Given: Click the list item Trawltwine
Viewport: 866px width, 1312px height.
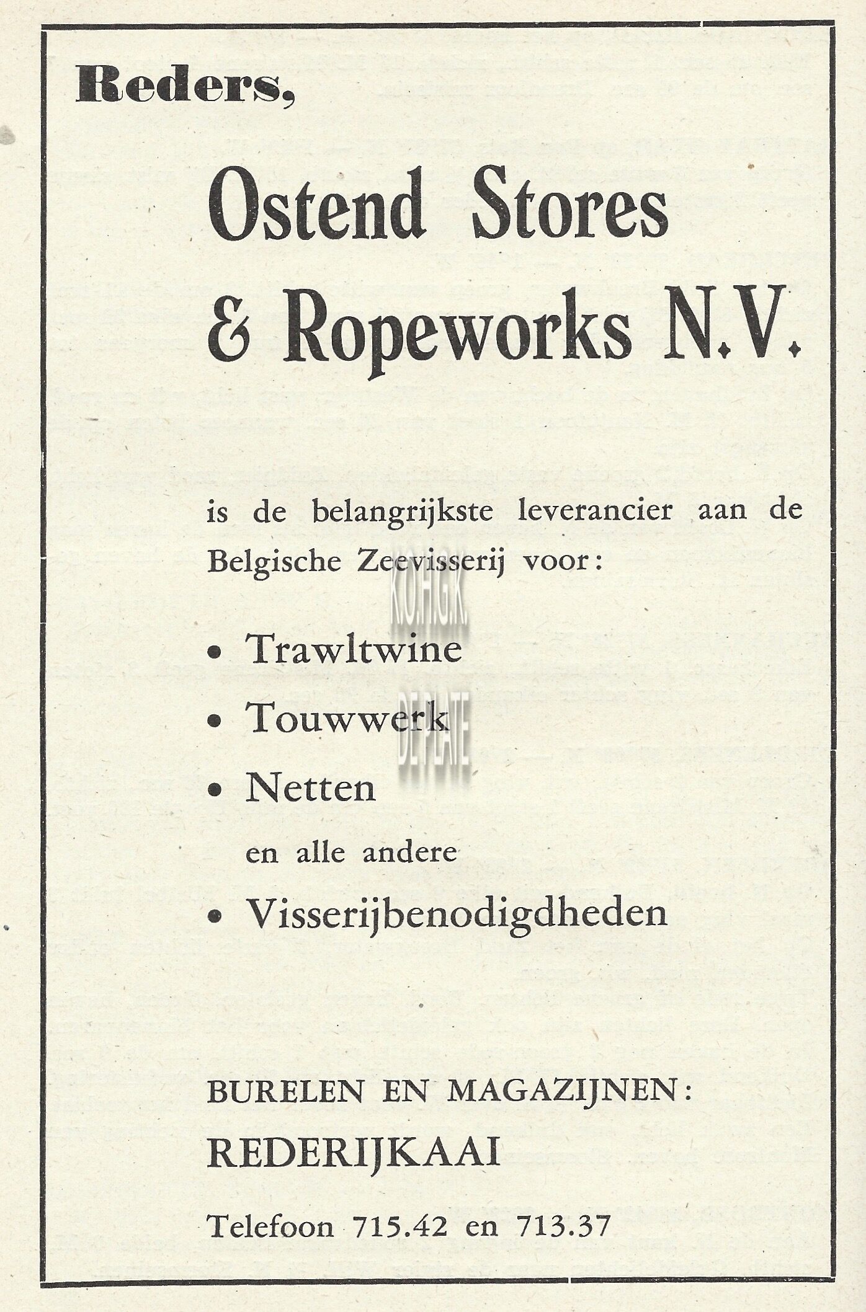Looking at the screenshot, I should tap(354, 650).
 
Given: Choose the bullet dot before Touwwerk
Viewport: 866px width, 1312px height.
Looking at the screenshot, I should tap(215, 722).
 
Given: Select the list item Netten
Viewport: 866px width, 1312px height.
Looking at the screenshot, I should tap(310, 789).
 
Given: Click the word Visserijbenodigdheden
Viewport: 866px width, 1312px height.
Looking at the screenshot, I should tap(457, 913).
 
